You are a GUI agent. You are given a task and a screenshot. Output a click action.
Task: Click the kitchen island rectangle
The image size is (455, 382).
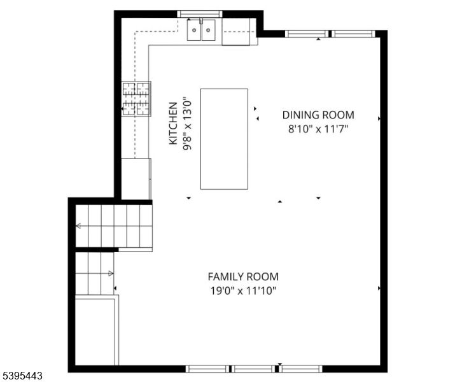tap(224, 139)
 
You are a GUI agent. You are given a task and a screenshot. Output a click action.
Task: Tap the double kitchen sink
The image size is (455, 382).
tap(201, 30)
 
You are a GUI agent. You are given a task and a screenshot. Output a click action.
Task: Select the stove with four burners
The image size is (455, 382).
tap(137, 99)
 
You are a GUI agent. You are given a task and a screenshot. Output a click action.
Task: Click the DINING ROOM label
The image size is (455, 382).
tap(318, 115)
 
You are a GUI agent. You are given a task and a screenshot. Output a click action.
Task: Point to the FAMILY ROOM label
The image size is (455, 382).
tap(243, 277)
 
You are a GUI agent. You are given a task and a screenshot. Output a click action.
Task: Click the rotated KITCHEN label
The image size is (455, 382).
tap(173, 124)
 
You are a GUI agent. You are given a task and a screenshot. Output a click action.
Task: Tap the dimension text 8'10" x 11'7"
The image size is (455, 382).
tap(318, 129)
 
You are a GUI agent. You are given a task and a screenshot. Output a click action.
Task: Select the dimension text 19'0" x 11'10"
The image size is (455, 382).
tap(243, 291)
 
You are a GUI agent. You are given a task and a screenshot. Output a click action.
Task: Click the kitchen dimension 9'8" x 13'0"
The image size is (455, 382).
tap(186, 124)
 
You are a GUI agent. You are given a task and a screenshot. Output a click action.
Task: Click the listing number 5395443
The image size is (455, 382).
tap(23, 376)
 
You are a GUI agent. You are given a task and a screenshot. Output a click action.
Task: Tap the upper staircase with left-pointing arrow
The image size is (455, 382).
tap(113, 225)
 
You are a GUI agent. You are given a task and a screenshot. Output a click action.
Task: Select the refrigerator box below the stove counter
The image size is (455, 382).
tap(136, 179)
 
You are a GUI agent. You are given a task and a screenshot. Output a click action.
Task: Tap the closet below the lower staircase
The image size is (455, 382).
tap(95, 331)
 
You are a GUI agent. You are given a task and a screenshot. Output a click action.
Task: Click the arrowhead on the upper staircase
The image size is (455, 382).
tap(78, 225)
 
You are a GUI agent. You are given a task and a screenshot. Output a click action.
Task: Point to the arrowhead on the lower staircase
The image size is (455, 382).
tap(111, 273)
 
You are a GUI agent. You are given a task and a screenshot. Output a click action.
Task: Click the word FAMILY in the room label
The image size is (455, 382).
tap(223, 277)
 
